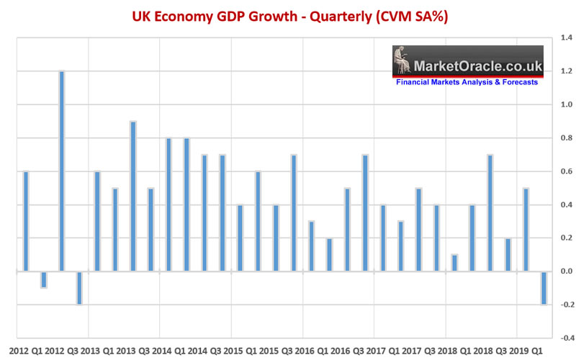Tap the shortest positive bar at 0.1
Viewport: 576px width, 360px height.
point(454,263)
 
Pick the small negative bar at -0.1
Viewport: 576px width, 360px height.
point(43,279)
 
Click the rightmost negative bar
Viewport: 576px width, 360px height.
point(544,288)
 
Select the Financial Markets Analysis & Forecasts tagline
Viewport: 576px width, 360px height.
point(467,83)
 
